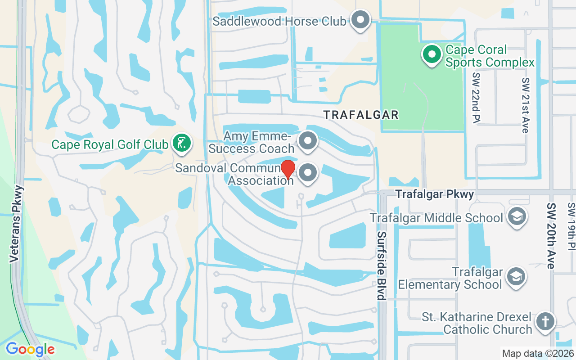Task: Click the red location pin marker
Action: (x=288, y=169)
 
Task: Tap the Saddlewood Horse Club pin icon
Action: (x=360, y=20)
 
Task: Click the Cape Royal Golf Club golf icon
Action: (x=182, y=144)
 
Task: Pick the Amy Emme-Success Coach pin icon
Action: (x=308, y=140)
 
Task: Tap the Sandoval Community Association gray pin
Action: (x=308, y=172)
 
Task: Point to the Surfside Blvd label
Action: (x=382, y=265)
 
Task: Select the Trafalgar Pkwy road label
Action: (x=435, y=194)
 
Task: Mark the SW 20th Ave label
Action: (x=551, y=235)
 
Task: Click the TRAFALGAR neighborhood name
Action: (x=361, y=115)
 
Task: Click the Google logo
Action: (x=30, y=349)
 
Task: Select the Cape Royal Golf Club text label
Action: (x=110, y=145)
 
